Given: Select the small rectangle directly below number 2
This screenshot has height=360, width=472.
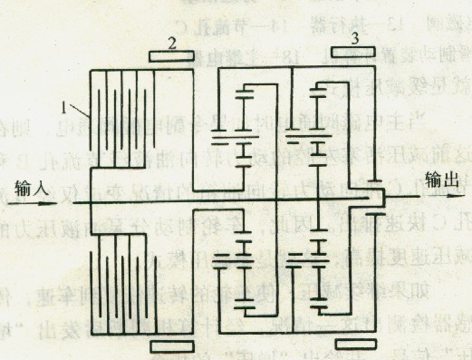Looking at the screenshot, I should coord(169,58).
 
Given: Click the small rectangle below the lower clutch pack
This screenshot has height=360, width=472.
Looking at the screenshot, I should coord(169,345).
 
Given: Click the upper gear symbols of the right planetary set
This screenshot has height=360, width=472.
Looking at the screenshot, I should coord(318,127).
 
